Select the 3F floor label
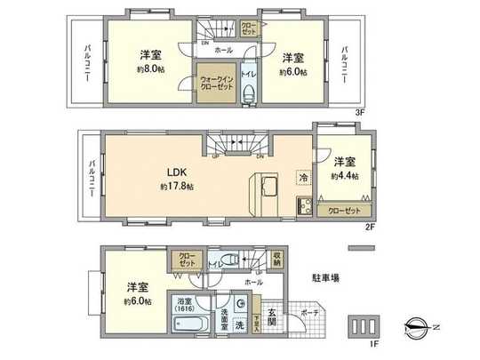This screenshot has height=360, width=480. tap(359, 113)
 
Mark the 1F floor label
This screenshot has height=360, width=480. tap(373, 342)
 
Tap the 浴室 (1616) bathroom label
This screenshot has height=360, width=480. tap(186, 303)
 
